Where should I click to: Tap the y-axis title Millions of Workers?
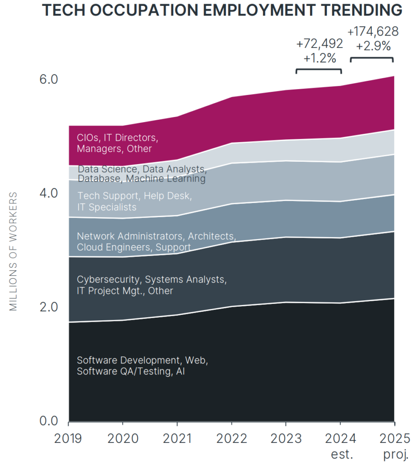13,252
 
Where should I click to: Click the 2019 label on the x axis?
68,439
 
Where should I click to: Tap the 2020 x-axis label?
123,439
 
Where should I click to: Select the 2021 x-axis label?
177,439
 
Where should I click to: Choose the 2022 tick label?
231,439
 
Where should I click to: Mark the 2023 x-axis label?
286,439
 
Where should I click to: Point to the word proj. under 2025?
394,455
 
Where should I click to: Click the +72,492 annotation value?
319,44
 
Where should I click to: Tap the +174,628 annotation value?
373,32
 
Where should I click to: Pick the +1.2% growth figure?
319,58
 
